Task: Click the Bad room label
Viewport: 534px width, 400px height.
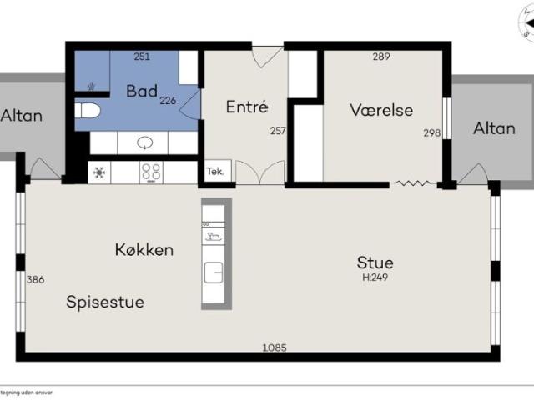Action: coord(142,91)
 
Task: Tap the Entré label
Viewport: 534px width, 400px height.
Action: coord(247,107)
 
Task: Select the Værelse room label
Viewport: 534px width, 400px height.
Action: coord(381,110)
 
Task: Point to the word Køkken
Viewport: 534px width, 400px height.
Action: coord(144,250)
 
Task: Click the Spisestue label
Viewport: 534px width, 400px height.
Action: coord(105,302)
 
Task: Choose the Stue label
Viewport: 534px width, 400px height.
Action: coord(375,262)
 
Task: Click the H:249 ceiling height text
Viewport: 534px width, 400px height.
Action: coord(375,277)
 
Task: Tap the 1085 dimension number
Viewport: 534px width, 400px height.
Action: coord(275,347)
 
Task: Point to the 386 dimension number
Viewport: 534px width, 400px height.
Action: coord(35,280)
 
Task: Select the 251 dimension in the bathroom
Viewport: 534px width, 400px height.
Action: coord(142,57)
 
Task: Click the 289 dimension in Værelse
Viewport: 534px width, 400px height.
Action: coord(381,57)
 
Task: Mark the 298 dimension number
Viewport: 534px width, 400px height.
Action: coord(432,132)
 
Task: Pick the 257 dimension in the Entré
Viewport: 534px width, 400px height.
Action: coord(278,131)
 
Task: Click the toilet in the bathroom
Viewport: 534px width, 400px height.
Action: coord(88,111)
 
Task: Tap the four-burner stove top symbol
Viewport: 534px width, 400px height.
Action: coord(151,172)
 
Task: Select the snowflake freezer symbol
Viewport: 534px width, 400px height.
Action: coord(99,172)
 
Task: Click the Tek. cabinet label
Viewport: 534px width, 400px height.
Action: coord(215,171)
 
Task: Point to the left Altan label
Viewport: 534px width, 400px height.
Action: coord(21,116)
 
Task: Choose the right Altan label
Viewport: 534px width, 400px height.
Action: coord(494,128)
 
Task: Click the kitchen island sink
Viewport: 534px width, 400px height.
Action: coord(214,272)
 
